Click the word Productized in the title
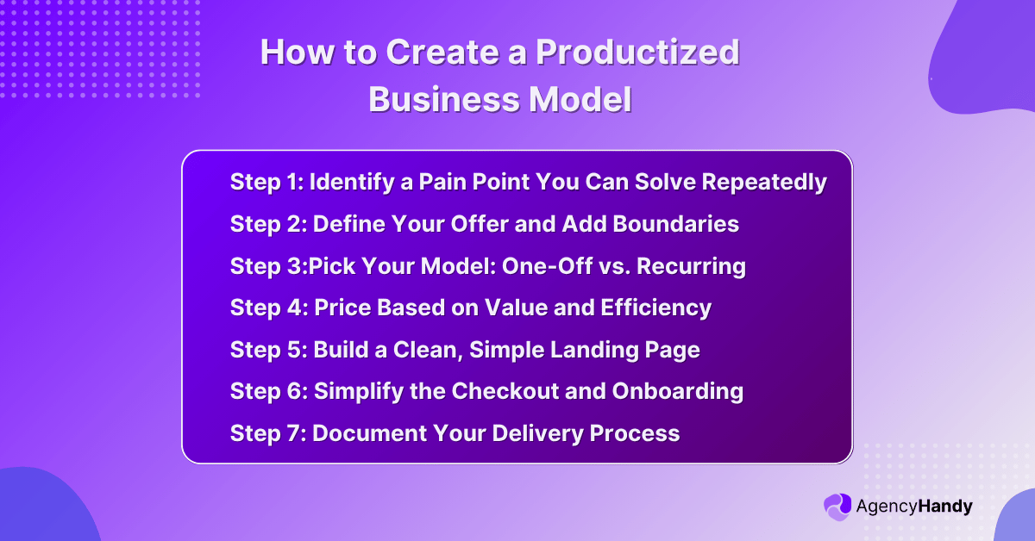[637, 53]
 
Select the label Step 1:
[266, 183]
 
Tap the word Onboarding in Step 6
[678, 391]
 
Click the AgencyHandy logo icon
[837, 507]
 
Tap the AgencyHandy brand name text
[913, 507]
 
